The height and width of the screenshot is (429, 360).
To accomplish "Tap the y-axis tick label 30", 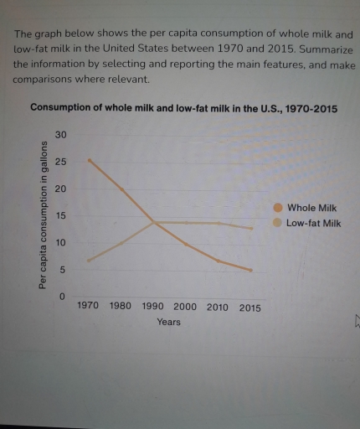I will click(59, 135).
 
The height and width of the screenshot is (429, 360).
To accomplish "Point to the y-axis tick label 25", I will click(59, 161).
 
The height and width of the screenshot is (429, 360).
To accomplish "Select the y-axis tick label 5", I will click(60, 270).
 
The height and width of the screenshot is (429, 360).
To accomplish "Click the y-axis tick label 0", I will click(60, 297).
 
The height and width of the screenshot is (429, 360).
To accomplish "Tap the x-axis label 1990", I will click(153, 307).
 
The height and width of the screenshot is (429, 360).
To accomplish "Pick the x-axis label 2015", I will click(249, 308).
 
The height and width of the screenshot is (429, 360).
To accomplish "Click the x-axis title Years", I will click(168, 322).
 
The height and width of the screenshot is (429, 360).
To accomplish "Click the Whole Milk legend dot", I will click(278, 208).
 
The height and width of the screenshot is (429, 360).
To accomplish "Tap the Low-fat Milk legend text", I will click(314, 223).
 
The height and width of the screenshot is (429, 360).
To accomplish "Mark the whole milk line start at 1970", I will click(89, 160).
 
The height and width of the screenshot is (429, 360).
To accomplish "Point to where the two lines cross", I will click(154, 222).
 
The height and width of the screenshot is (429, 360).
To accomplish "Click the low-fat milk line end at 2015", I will click(249, 228).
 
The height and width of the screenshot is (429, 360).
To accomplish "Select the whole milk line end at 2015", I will click(249, 270).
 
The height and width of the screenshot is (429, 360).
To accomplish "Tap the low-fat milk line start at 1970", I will click(89, 260).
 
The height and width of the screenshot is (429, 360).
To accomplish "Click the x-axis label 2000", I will click(185, 307).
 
